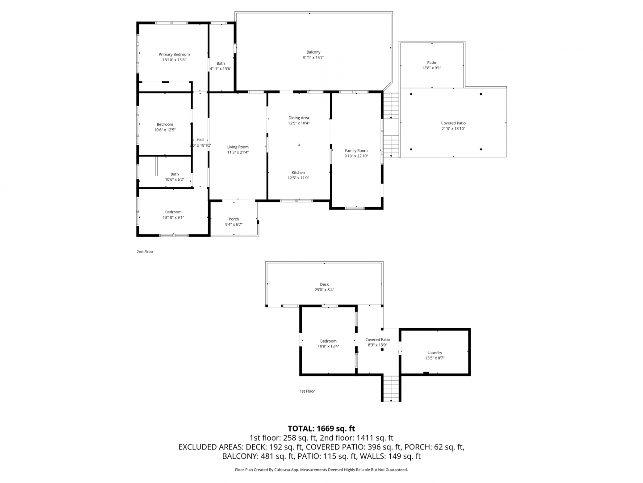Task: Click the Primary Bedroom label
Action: pyautogui.click(x=174, y=54)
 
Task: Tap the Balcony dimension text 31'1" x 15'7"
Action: pyautogui.click(x=313, y=58)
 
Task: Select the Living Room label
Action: pyautogui.click(x=238, y=147)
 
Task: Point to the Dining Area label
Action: pyautogui.click(x=299, y=118)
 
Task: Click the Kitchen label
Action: pyautogui.click(x=298, y=173)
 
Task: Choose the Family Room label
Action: pyautogui.click(x=356, y=151)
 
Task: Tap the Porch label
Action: pyautogui.click(x=234, y=219)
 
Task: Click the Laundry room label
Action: pyautogui.click(x=434, y=353)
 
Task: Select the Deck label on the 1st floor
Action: pyautogui.click(x=324, y=284)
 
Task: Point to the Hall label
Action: pyautogui.click(x=200, y=140)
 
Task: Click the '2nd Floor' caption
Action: pyautogui.click(x=145, y=252)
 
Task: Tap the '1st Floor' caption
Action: pyautogui.click(x=307, y=391)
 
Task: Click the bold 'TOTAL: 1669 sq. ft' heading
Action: pyautogui.click(x=321, y=428)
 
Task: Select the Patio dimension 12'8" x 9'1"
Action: pyautogui.click(x=431, y=68)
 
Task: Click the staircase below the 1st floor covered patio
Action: pyautogui.click(x=391, y=388)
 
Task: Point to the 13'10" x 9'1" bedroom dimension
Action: pyautogui.click(x=173, y=217)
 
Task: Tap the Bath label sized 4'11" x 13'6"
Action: pyautogui.click(x=221, y=64)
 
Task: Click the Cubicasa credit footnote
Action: pyautogui.click(x=321, y=470)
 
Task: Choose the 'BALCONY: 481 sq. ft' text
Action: pyautogui.click(x=258, y=456)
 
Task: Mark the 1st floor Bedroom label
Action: pyautogui.click(x=328, y=341)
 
